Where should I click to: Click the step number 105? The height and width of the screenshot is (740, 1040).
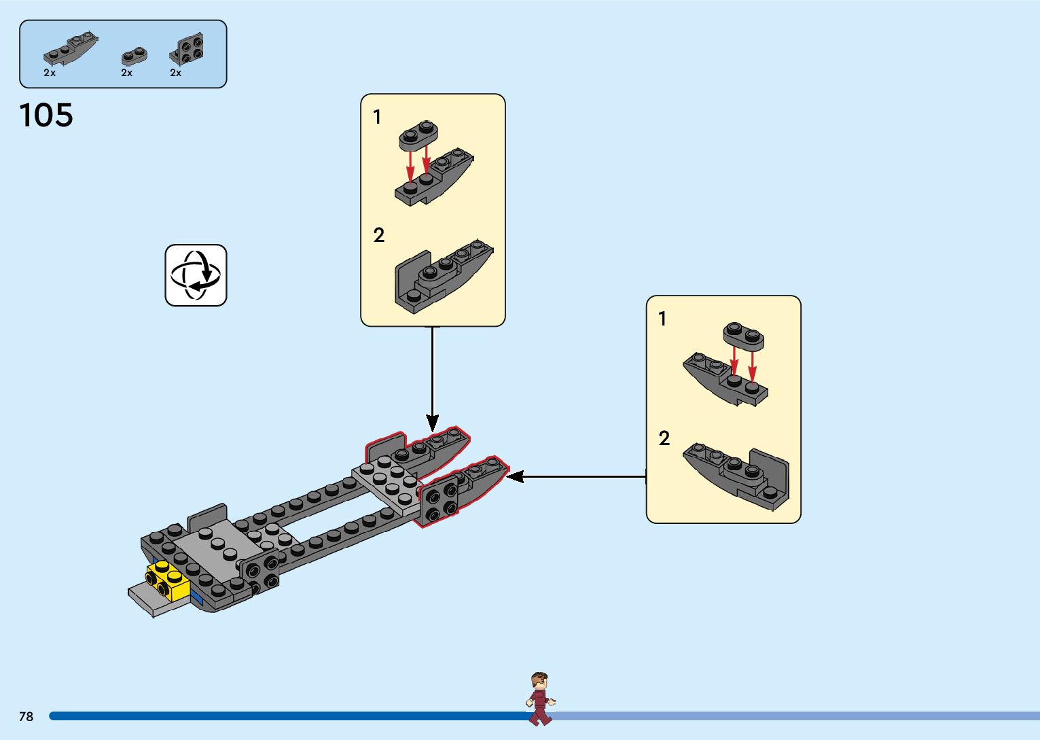click(x=46, y=116)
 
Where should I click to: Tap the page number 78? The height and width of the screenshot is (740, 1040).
click(x=26, y=716)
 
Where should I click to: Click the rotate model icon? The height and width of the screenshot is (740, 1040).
click(x=196, y=275)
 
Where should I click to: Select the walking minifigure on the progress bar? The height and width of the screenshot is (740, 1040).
click(x=540, y=699)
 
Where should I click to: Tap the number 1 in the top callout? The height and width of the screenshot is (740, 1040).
click(x=378, y=118)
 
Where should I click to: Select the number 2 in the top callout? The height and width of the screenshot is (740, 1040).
click(x=379, y=235)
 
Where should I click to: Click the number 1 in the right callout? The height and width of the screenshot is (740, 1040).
click(x=662, y=319)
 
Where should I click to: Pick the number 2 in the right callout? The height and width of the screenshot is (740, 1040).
click(x=664, y=438)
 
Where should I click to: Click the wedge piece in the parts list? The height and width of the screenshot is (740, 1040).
click(x=70, y=49)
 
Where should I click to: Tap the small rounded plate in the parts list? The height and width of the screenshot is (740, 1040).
click(x=134, y=55)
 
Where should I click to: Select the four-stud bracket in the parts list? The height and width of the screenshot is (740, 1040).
click(x=187, y=48)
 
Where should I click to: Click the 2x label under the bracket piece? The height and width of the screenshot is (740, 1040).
click(x=176, y=73)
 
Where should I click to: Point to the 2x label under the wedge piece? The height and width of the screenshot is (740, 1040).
click(x=50, y=73)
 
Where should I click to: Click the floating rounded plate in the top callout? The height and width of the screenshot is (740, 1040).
click(x=418, y=135)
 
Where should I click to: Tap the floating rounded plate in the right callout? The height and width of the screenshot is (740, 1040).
click(x=743, y=335)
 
